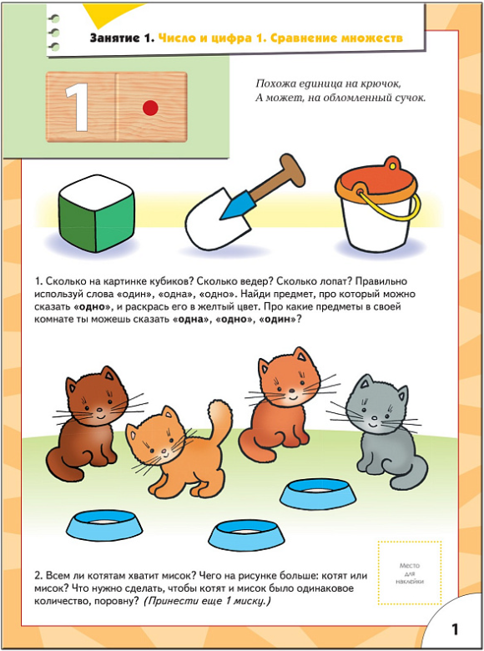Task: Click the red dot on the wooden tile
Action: point(150,108)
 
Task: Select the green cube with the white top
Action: point(97,213)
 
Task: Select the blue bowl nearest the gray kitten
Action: point(318,493)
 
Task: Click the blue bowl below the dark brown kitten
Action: point(104,526)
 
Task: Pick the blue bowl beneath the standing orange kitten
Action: point(246,535)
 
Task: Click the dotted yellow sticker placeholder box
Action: point(410,573)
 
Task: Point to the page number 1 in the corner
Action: point(455,629)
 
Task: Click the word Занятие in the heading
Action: point(115,38)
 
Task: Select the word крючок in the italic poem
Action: point(380,84)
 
